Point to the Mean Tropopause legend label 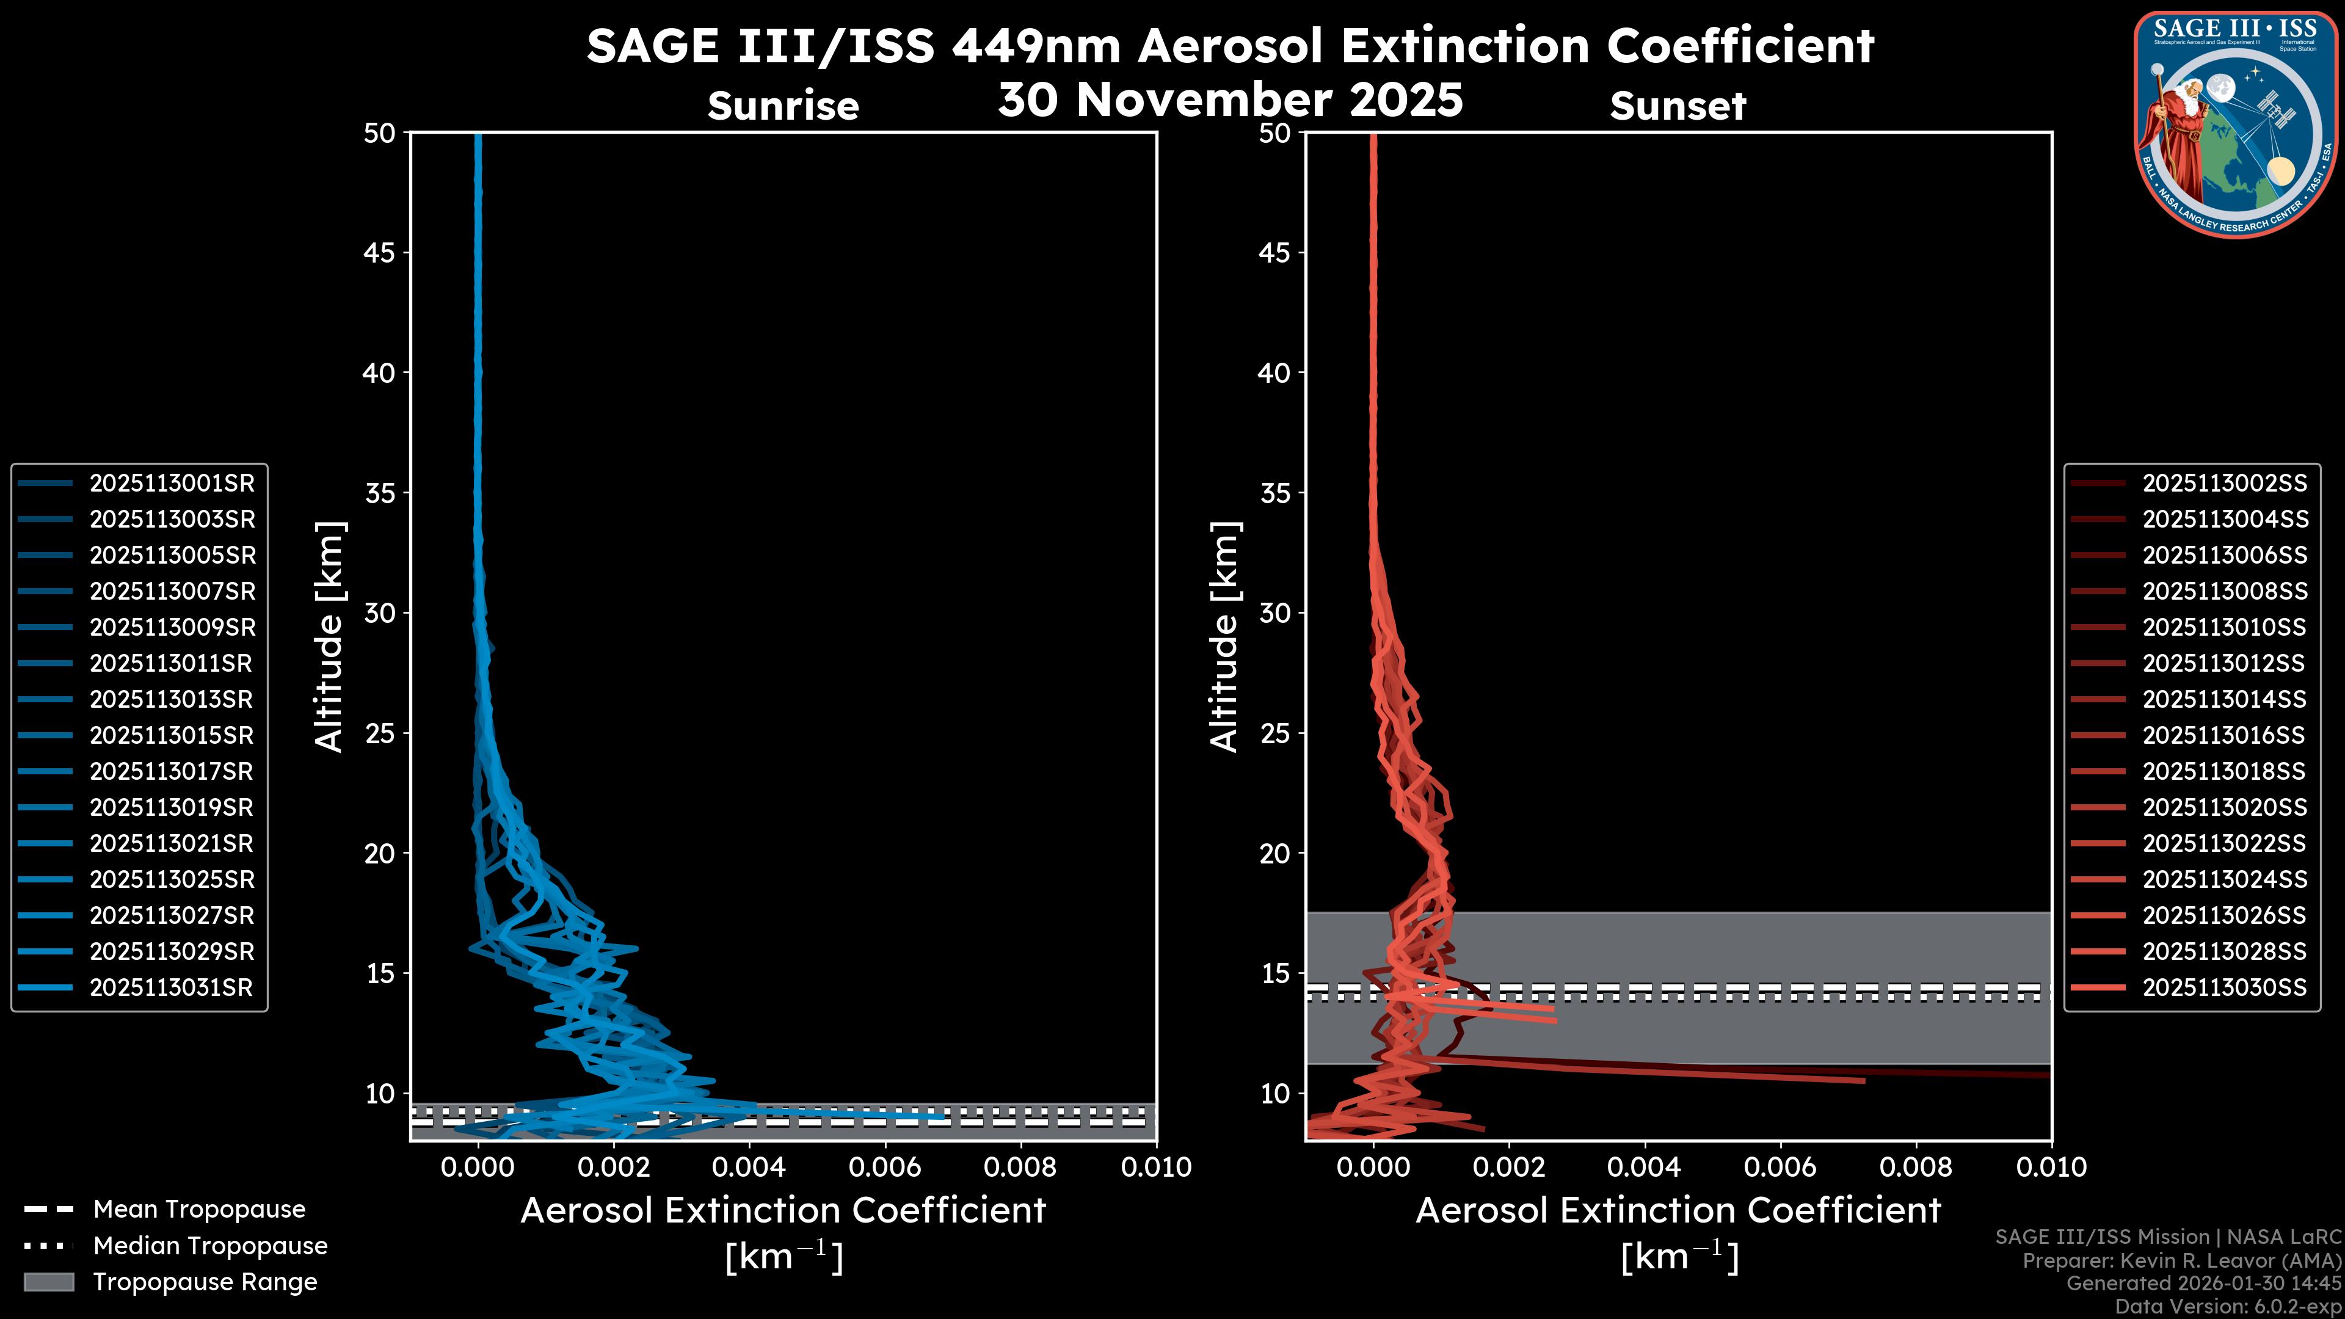point(198,1210)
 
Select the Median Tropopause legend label point(209,1246)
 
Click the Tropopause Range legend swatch point(48,1282)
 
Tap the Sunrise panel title point(783,106)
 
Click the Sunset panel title point(1678,106)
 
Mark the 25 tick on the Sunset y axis point(1274,733)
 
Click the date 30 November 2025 point(1230,100)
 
